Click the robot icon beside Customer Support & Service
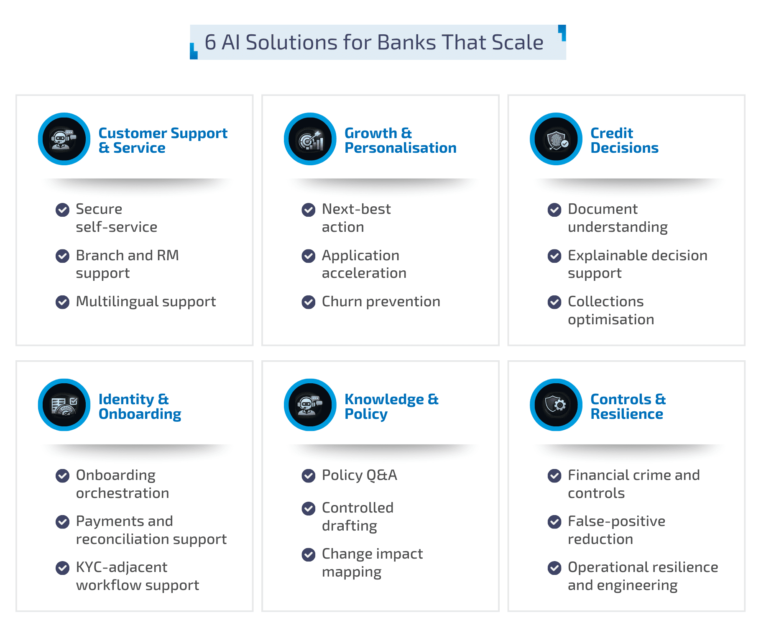pyautogui.click(x=64, y=139)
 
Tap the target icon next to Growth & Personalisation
pyautogui.click(x=310, y=139)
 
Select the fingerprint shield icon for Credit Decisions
pyautogui.click(x=556, y=139)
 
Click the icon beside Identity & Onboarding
pyautogui.click(x=64, y=405)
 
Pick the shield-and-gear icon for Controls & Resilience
pyautogui.click(x=556, y=405)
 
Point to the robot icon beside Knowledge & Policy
pyautogui.click(x=310, y=405)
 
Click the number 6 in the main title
pyautogui.click(x=210, y=43)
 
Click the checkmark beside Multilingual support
pyautogui.click(x=63, y=302)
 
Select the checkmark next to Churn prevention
pyautogui.click(x=309, y=302)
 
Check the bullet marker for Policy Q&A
pyautogui.click(x=309, y=475)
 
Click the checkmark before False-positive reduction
pyautogui.click(x=554, y=522)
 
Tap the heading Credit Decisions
pyautogui.click(x=624, y=141)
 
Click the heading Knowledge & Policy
pyautogui.click(x=391, y=406)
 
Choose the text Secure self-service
pyautogui.click(x=116, y=218)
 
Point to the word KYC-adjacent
pyautogui.click(x=121, y=567)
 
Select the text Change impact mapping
pyautogui.click(x=372, y=563)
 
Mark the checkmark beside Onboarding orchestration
pyautogui.click(x=63, y=476)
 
